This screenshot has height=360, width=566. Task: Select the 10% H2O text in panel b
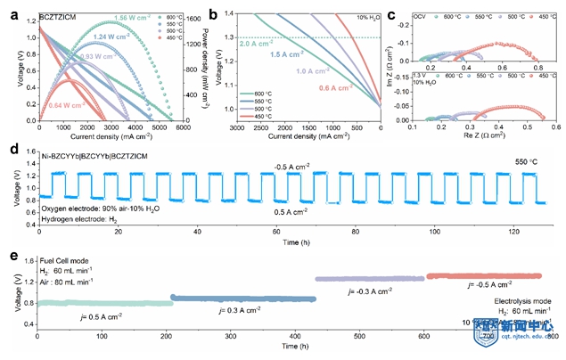364,16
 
